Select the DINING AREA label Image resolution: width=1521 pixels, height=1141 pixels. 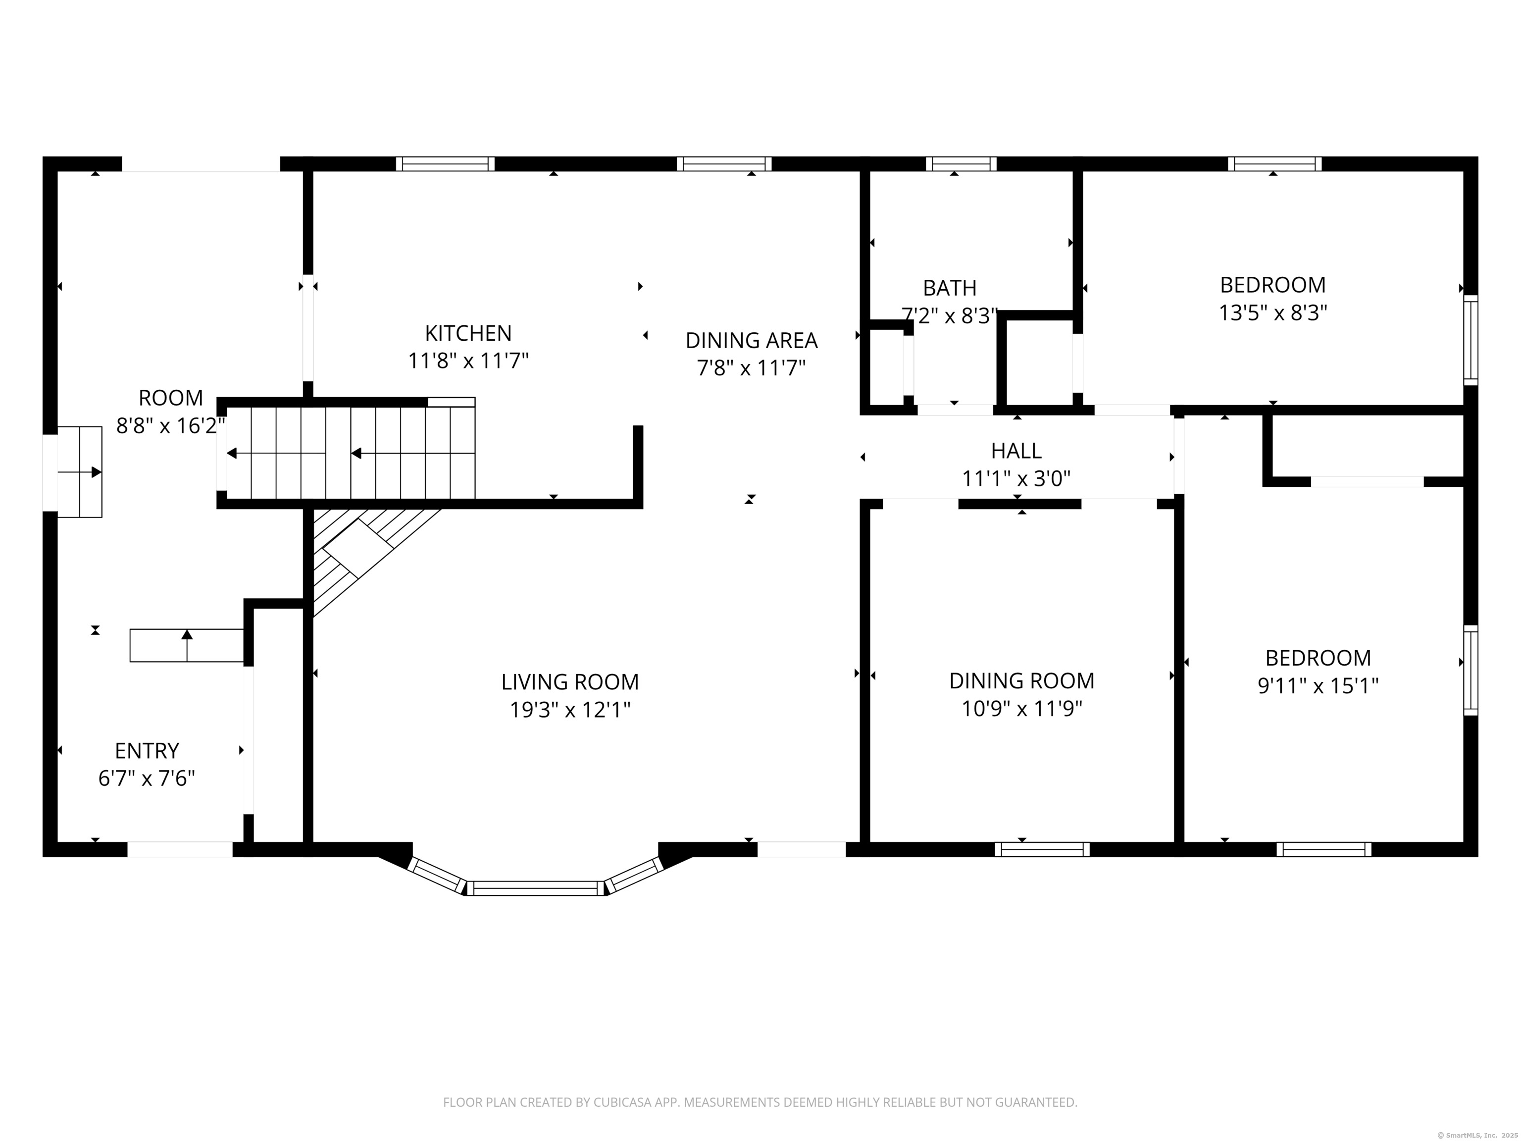click(752, 340)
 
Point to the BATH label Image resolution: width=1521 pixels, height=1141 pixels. click(950, 288)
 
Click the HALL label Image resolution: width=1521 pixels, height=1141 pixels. click(1016, 451)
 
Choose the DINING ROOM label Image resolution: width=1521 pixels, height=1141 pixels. click(1022, 680)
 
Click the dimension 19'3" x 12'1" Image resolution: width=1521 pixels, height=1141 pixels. click(570, 709)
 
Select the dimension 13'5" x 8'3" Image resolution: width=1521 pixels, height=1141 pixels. click(1273, 313)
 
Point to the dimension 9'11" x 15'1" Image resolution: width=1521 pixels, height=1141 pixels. click(1318, 686)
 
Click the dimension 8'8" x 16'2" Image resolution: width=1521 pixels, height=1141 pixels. click(170, 426)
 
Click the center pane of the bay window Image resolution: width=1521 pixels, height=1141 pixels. click(536, 888)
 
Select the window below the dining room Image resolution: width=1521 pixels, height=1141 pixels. click(1042, 849)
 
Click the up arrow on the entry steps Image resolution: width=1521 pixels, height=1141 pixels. click(187, 645)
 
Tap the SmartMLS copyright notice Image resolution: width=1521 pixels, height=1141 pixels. click(1478, 1135)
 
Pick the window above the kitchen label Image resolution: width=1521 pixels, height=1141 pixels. click(445, 164)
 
